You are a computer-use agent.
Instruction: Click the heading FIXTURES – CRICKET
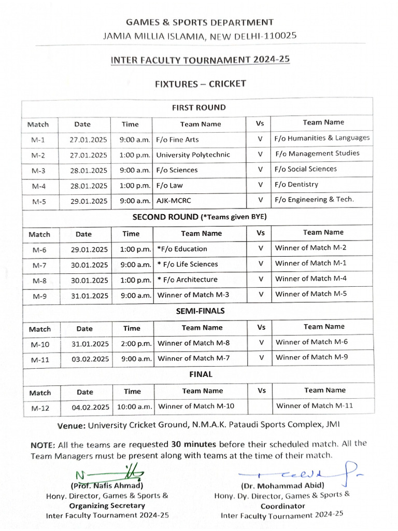[200, 83]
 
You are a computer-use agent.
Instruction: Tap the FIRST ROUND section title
[199, 108]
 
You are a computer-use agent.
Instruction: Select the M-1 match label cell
[38, 140]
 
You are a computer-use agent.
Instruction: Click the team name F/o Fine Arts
[177, 139]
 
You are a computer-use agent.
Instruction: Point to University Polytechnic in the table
[193, 155]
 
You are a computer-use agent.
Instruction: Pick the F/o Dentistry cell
[296, 184]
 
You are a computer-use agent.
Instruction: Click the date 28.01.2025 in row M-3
[89, 170]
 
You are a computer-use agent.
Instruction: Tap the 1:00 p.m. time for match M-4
[135, 186]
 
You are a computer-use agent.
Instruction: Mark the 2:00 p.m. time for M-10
[136, 343]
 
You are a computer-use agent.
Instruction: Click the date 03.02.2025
[91, 359]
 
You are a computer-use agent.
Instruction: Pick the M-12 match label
[40, 408]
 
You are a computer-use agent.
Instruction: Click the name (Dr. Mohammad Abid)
[282, 485]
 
